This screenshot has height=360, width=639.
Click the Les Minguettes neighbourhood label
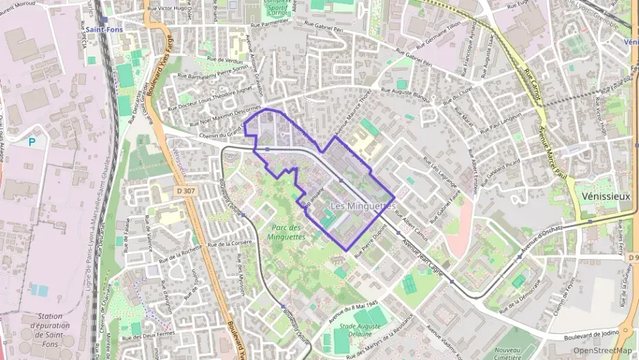363,206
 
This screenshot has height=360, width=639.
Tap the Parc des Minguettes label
286,233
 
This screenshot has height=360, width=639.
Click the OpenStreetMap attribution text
603,350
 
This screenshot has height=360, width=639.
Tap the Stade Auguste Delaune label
360,331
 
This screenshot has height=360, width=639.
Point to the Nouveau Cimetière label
507,352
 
